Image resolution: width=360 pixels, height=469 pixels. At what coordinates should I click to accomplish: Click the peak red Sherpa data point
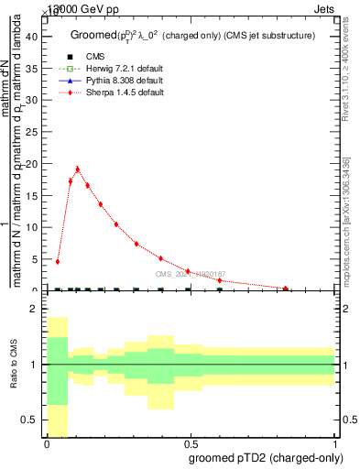tap(78, 169)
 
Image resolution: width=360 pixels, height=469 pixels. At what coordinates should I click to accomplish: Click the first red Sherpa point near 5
tap(58, 262)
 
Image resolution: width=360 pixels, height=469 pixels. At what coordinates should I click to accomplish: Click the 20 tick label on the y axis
tap(34, 164)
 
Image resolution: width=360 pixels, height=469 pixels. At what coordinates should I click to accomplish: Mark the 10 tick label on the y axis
tap(34, 227)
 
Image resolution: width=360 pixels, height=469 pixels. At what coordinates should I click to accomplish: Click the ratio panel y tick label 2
tap(36, 309)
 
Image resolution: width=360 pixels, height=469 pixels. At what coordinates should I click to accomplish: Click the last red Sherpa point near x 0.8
tap(286, 289)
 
